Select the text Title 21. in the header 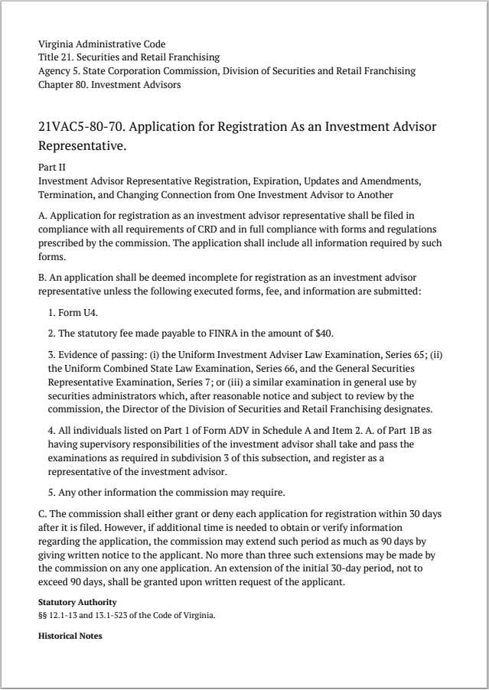point(57,57)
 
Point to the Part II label point(51,166)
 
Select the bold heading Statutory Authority point(77,603)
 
